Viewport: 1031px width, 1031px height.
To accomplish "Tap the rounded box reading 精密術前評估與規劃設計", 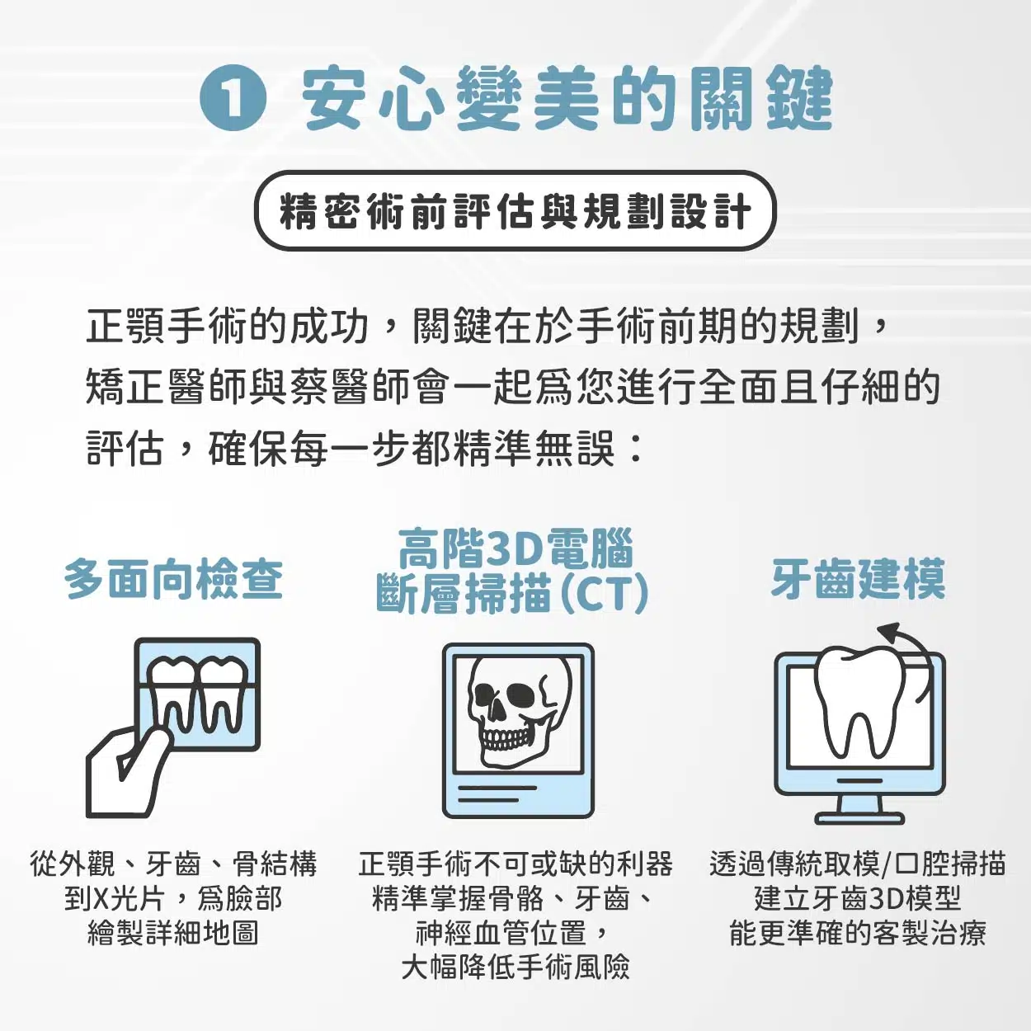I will [515, 211].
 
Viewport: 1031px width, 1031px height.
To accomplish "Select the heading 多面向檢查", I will [174, 579].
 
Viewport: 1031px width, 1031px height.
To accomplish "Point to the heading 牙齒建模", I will [858, 579].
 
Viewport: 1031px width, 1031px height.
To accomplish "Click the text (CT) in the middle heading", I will [605, 594].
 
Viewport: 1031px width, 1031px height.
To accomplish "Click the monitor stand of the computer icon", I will [859, 808].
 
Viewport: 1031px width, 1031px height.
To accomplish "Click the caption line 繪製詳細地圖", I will [173, 933].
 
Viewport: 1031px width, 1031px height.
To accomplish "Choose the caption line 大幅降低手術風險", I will [515, 967].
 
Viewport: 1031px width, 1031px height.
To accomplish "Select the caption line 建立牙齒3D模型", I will [858, 898].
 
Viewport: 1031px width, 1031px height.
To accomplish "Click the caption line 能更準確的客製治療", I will [858, 933].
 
